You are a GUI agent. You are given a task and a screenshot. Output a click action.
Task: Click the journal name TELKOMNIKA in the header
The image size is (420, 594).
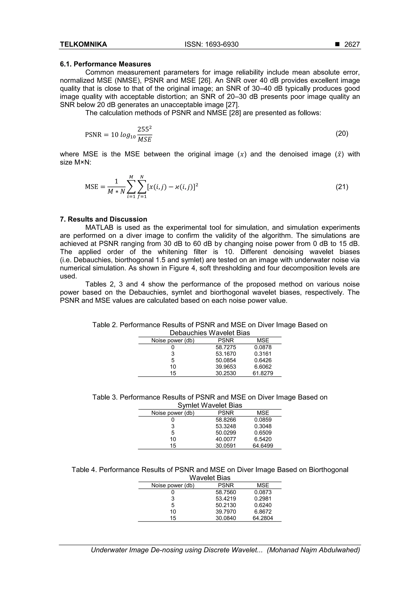83,44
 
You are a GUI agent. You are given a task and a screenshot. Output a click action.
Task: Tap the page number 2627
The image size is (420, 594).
352,44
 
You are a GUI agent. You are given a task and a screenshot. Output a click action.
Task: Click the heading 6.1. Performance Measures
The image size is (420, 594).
105,64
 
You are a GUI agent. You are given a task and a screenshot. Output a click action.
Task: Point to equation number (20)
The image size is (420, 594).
342,133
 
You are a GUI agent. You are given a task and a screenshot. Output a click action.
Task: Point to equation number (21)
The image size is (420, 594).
342,187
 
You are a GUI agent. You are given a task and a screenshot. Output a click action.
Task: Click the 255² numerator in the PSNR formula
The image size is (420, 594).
144,129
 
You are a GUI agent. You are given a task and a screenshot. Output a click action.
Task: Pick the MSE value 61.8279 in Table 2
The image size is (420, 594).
263,373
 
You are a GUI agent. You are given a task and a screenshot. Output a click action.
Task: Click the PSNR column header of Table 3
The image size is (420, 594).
226,413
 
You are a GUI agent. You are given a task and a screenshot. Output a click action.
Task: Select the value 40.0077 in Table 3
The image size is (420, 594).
226,439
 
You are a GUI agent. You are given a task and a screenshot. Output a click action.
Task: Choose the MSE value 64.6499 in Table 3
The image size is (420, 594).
263,446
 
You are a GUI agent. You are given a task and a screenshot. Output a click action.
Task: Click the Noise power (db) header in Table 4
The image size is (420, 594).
173,485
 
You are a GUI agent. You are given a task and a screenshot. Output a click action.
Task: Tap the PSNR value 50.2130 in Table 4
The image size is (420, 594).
226,505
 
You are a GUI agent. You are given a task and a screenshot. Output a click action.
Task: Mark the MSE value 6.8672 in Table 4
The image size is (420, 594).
263,512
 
